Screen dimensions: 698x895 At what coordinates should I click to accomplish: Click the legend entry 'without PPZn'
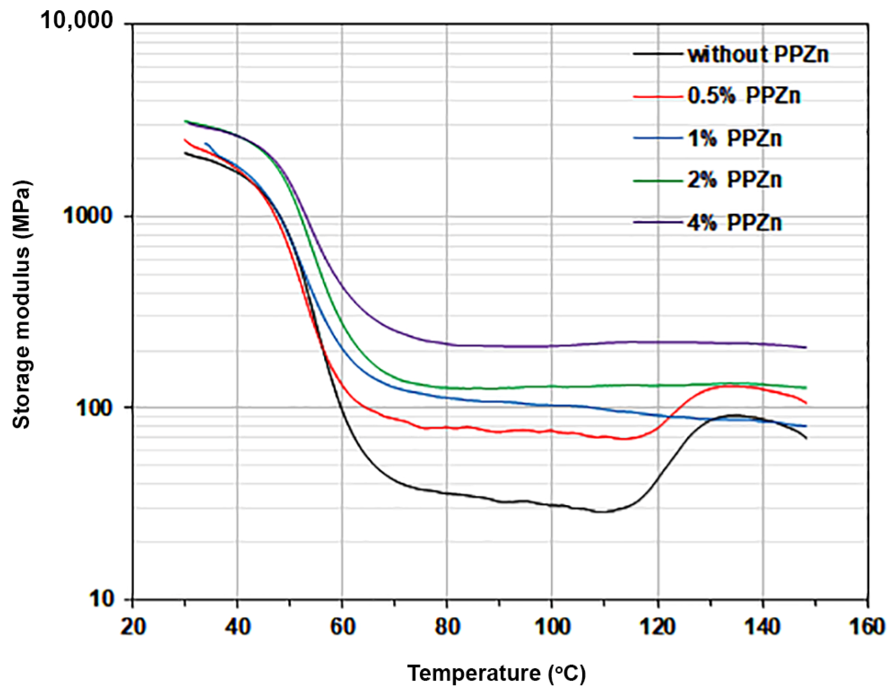pos(757,55)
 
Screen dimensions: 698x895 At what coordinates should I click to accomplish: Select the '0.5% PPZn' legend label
pos(744,96)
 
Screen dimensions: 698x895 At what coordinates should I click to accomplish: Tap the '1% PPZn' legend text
pos(735,138)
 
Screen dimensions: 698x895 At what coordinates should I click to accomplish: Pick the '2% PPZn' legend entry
pos(735,180)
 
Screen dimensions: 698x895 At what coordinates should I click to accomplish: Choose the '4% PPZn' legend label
pos(735,223)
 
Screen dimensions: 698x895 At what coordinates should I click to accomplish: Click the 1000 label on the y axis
pos(87,215)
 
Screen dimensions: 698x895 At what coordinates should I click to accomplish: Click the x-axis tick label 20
pos(133,626)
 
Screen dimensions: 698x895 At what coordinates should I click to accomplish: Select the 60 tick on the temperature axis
pos(342,626)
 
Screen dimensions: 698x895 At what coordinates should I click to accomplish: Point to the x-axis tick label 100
pos(552,626)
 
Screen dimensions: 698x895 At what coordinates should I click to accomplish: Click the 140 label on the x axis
pos(762,626)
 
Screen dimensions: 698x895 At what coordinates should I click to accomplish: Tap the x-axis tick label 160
pos(867,626)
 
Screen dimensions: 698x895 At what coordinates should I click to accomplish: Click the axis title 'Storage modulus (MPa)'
pos(21,305)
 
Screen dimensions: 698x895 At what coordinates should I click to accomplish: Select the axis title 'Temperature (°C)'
pos(496,673)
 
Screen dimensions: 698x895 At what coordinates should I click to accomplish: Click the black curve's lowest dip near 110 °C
pos(603,512)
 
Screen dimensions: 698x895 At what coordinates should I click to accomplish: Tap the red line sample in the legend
pos(657,96)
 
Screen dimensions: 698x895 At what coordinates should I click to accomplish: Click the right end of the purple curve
pos(806,347)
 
